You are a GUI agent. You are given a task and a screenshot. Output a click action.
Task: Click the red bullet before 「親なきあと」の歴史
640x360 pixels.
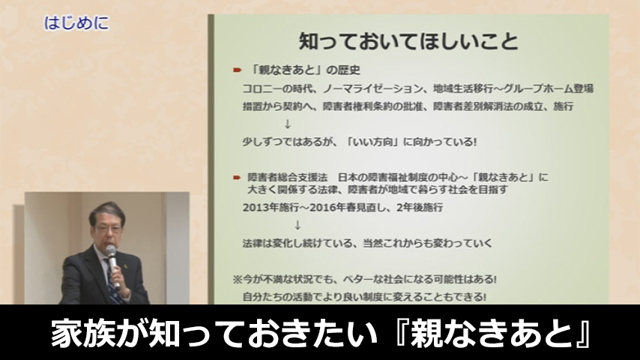pos(236,70)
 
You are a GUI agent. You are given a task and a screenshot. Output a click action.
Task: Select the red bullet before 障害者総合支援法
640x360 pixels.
pos(236,177)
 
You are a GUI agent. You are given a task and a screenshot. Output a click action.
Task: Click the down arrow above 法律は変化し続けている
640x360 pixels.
pos(298,225)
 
